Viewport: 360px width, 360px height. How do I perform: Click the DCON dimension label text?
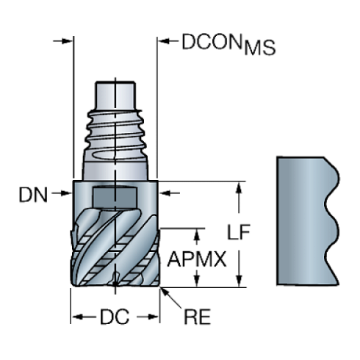(x=212, y=43)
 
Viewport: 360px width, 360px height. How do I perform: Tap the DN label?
(x=34, y=195)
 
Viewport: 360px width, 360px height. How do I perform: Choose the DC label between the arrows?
(x=115, y=317)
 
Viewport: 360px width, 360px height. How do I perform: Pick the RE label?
(x=196, y=317)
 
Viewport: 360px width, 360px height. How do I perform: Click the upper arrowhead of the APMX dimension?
(x=195, y=234)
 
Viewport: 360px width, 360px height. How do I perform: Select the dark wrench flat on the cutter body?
(x=114, y=198)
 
